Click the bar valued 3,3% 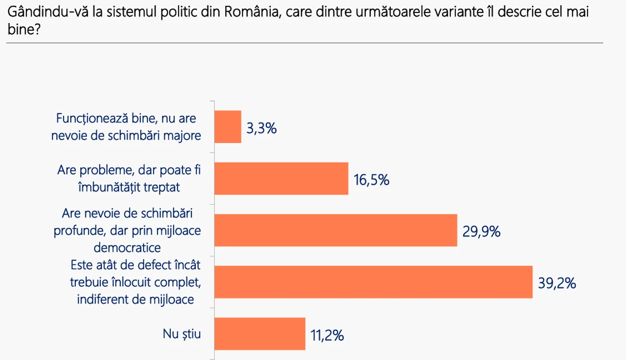coord(228,127)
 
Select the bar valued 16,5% coord(281,179)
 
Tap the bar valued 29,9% coord(336,230)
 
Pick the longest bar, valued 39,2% coord(373,282)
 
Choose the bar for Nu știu coord(260,334)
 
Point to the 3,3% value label coord(262,128)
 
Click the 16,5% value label coord(372,180)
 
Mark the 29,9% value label coord(482,232)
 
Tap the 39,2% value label coord(557,283)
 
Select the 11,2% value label coord(327,336)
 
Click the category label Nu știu coord(181,334)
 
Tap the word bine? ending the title coord(24,29)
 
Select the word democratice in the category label coord(127,248)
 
